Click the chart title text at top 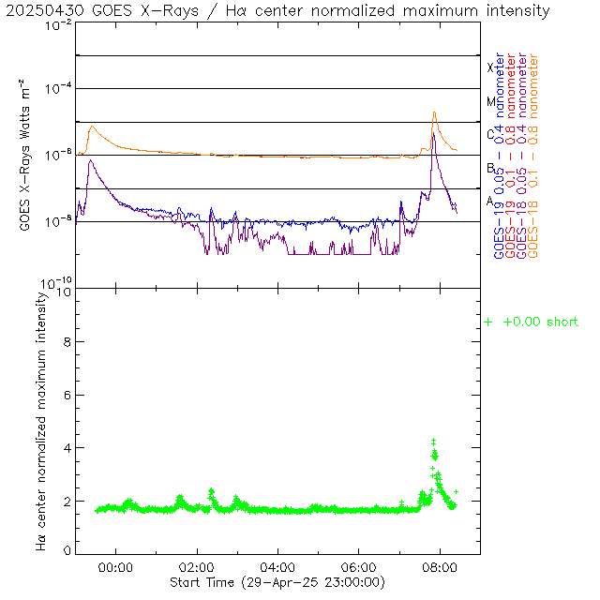pos(277,10)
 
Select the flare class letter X pos(490,67)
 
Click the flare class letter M pos(490,101)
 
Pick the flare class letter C pos(490,134)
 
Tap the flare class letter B pos(490,168)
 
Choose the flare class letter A pos(490,201)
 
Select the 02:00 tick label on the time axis pos(197,567)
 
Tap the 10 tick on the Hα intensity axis pos(63,292)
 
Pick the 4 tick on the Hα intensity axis pos(66,448)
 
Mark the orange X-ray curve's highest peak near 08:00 pos(434,112)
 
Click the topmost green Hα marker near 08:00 pos(433,440)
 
